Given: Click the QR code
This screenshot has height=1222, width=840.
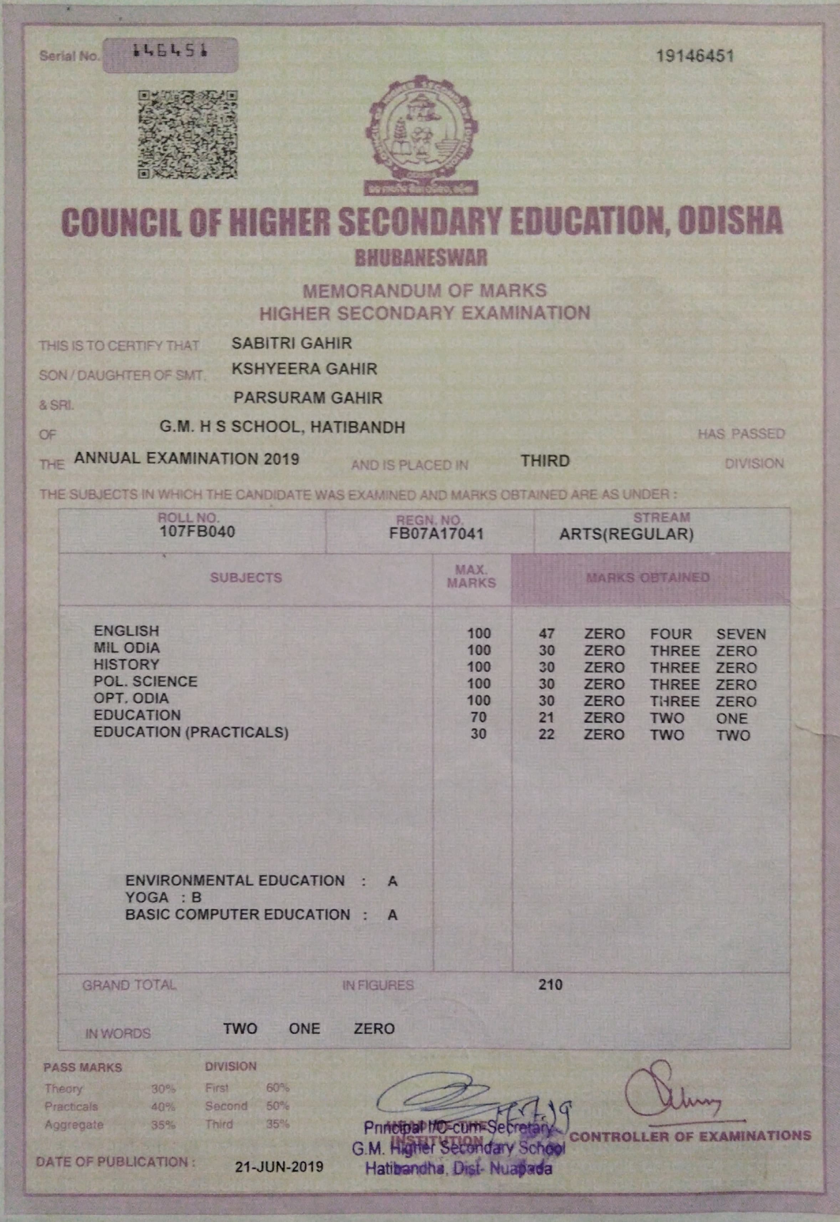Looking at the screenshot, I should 188,135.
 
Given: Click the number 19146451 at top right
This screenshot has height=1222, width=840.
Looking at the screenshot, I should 695,56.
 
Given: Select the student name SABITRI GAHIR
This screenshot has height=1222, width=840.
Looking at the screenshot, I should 292,343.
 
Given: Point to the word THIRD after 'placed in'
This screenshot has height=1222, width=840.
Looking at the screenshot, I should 545,461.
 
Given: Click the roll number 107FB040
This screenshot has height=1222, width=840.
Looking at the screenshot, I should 198,532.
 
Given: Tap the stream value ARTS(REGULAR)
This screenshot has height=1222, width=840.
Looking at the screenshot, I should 626,535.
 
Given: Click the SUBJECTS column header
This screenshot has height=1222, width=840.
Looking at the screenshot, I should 246,578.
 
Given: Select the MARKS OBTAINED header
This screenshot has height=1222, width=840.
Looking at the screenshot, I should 648,578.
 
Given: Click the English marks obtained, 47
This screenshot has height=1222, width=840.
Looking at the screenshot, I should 546,634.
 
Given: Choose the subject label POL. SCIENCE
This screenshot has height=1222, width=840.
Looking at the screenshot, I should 145,682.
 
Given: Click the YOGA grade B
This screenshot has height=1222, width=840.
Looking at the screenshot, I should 196,897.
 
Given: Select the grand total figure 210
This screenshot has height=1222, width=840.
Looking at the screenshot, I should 550,985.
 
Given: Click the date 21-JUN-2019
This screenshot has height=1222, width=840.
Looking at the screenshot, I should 279,1167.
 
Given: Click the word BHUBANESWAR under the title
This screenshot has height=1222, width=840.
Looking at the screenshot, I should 421,258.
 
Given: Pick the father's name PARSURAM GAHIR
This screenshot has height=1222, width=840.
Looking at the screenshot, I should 308,398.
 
